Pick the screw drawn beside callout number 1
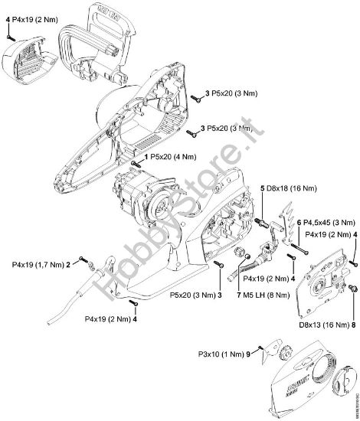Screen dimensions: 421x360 tap(136, 163)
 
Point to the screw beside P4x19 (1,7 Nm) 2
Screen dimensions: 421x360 tap(81, 263)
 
